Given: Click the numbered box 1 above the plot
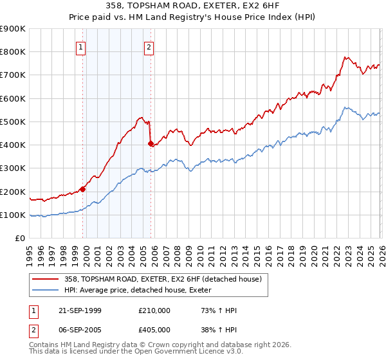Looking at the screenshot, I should click(x=81, y=47).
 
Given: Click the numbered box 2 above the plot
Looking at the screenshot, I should click(x=149, y=47).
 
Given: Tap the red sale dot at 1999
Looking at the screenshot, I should click(x=83, y=189).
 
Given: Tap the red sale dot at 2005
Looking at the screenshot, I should click(x=151, y=144).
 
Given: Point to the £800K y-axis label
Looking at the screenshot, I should click(x=12, y=52).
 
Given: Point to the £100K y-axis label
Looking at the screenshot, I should click(x=12, y=215).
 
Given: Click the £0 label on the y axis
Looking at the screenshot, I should click(x=19, y=239).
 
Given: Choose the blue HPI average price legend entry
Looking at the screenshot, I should click(x=141, y=291).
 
